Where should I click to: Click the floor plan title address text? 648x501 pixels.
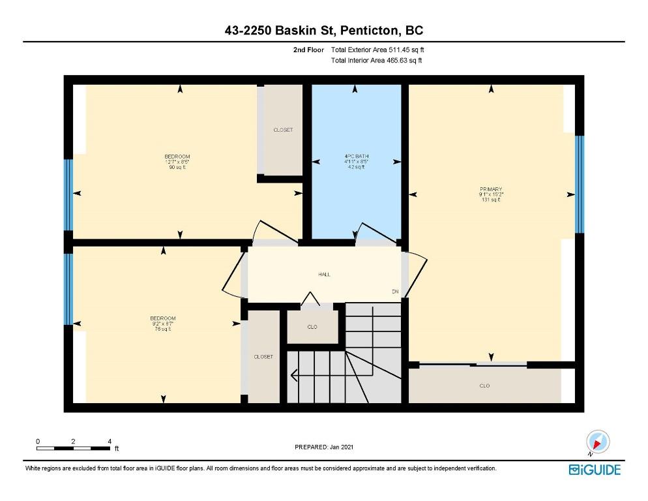pyautogui.click(x=324, y=31)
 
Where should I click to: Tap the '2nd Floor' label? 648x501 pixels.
pyautogui.click(x=309, y=50)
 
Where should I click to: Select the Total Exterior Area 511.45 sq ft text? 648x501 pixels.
pyautogui.click(x=381, y=50)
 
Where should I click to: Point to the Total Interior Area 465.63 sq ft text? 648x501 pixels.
pyautogui.click(x=376, y=61)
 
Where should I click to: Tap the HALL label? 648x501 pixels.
pyautogui.click(x=324, y=275)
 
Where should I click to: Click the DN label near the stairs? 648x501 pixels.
pyautogui.click(x=394, y=292)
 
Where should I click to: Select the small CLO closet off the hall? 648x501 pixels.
pyautogui.click(x=312, y=327)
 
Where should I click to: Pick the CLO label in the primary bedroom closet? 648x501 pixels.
pyautogui.click(x=484, y=386)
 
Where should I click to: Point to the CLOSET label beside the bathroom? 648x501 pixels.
pyautogui.click(x=282, y=130)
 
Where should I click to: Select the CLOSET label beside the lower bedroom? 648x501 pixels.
pyautogui.click(x=263, y=357)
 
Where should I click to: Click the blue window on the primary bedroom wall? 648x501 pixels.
pyautogui.click(x=580, y=184)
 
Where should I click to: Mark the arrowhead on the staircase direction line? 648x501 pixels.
pyautogui.click(x=294, y=375)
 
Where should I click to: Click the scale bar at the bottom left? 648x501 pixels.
pyautogui.click(x=73, y=448)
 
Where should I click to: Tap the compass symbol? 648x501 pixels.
pyautogui.click(x=598, y=442)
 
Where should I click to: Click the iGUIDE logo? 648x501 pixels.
pyautogui.click(x=594, y=470)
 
